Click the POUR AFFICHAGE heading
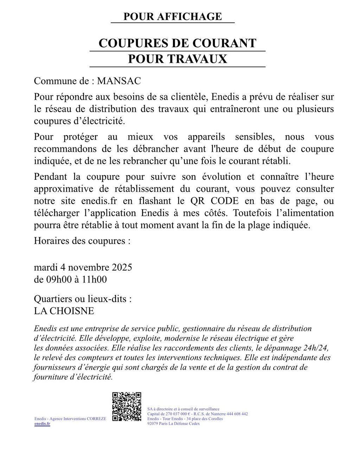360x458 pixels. pos(173,17)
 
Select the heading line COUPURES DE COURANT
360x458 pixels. pos(177,43)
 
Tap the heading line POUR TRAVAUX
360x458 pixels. pos(177,59)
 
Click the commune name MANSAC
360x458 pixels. pos(119,81)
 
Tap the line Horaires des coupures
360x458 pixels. pos(82,241)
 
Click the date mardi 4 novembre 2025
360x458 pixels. pos(83,267)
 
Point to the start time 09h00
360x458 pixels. pos(58,280)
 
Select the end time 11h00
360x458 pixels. pos(94,280)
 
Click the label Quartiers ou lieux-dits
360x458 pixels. pos(83,299)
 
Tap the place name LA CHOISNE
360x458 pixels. pos(64,311)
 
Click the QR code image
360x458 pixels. pos(127,407)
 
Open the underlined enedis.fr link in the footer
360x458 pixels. pos(42,424)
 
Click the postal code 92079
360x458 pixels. pos(153,424)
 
